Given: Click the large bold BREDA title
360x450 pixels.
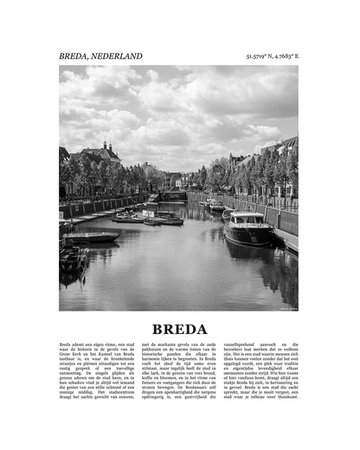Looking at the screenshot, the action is [179, 329].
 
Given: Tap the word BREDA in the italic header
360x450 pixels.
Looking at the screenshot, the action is [75, 56].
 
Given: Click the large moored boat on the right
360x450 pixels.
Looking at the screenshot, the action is [247, 228].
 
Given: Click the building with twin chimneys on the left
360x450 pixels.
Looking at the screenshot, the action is [105, 155].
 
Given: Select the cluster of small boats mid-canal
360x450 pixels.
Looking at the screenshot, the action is [156, 216].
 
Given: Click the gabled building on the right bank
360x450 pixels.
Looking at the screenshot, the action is [286, 156].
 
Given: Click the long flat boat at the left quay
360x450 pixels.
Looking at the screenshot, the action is [90, 236].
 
